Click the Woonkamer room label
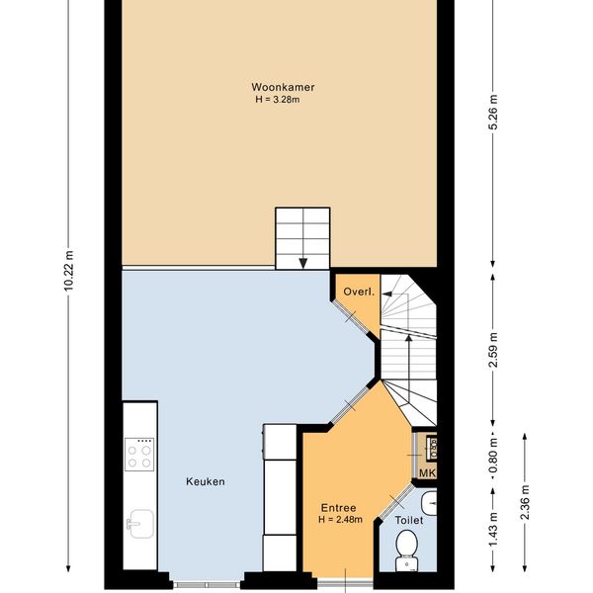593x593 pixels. (x=283, y=87)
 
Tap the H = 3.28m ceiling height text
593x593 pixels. (x=278, y=100)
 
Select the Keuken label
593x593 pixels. (x=206, y=481)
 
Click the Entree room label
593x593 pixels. (x=338, y=508)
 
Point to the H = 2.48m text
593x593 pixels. (x=340, y=519)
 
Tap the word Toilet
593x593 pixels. (x=409, y=521)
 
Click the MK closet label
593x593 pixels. (x=427, y=472)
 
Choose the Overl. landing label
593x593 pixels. (x=359, y=292)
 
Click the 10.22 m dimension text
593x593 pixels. (x=68, y=270)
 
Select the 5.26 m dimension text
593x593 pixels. (x=493, y=112)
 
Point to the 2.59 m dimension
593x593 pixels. (x=493, y=350)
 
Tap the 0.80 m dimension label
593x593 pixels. (x=493, y=457)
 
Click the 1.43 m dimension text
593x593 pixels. (x=493, y=530)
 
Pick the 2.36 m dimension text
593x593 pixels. (x=525, y=502)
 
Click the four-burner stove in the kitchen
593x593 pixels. (x=139, y=455)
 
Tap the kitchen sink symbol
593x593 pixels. (x=140, y=524)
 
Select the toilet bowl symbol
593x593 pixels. (x=407, y=551)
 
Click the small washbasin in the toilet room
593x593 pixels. (x=429, y=503)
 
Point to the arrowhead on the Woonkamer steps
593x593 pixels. (x=303, y=263)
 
